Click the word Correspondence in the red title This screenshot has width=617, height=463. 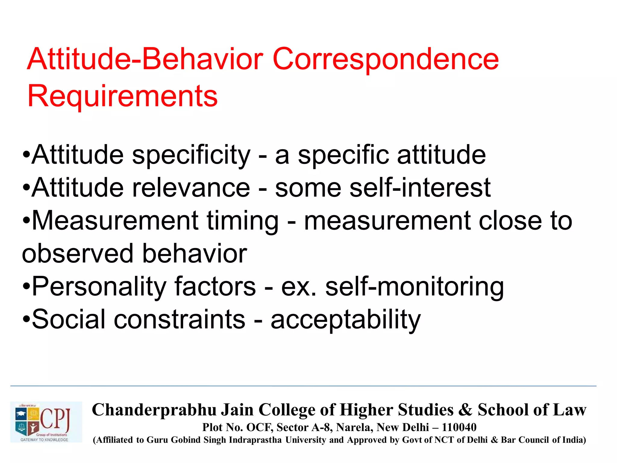[386, 60]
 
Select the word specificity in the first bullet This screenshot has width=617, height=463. [191, 155]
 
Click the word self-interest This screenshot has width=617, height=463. [420, 188]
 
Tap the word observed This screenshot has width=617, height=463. [77, 254]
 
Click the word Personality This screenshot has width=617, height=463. [99, 287]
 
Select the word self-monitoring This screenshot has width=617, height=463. [415, 287]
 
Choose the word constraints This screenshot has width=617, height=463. [180, 320]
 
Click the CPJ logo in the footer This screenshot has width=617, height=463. [46, 422]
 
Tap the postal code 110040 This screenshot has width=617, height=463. [459, 427]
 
